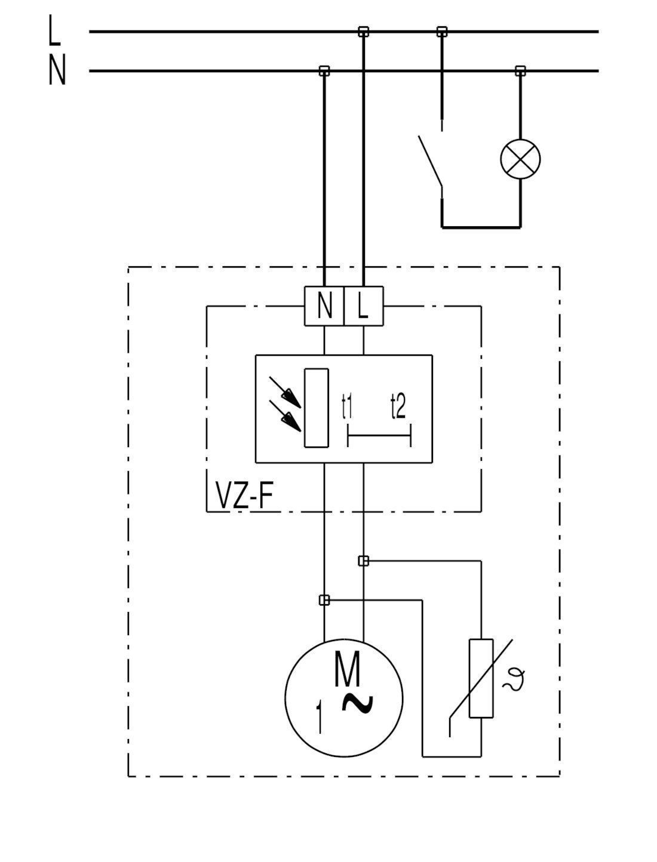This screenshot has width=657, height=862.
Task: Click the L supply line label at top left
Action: (54, 30)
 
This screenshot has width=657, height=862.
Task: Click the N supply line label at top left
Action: (57, 69)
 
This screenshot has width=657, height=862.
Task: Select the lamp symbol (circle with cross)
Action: (520, 159)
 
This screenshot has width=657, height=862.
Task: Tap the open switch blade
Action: (430, 161)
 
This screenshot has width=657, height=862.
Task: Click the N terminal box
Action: (324, 306)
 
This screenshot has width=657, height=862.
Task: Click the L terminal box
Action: (364, 306)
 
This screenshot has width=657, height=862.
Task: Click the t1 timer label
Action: (346, 407)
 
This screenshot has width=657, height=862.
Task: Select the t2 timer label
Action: (398, 407)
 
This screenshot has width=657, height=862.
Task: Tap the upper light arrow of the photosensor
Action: (285, 392)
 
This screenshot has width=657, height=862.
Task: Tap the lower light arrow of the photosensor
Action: (285, 416)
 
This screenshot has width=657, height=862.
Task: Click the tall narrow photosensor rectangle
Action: (317, 408)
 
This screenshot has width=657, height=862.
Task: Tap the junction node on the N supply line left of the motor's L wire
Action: (324, 71)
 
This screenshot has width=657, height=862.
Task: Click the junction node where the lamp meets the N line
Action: (520, 71)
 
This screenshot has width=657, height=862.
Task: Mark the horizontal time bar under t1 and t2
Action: (379, 435)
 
